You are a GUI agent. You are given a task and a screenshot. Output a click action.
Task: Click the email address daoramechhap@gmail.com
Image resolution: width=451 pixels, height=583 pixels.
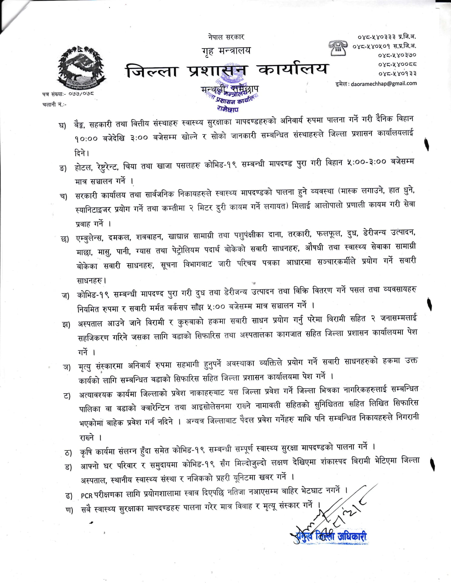click(x=384, y=84)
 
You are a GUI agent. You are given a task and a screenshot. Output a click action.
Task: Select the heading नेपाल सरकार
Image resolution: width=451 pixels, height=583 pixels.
click(x=226, y=37)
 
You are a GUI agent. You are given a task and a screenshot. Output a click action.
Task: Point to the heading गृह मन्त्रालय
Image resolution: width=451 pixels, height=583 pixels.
click(x=226, y=51)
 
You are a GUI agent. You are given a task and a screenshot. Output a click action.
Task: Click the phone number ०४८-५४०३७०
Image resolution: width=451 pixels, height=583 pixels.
click(x=397, y=55)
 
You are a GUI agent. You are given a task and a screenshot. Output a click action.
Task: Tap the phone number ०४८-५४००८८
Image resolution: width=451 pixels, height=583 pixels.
click(x=397, y=64)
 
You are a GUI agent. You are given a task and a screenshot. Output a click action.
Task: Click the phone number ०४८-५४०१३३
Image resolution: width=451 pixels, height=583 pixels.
click(x=397, y=73)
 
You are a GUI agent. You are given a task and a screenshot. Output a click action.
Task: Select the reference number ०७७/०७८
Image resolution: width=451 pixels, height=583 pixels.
click(x=81, y=94)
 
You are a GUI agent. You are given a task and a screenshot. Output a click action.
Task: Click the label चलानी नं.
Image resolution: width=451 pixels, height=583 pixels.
click(x=54, y=104)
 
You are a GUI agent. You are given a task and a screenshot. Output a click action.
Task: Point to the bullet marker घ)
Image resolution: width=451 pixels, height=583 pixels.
click(x=62, y=125)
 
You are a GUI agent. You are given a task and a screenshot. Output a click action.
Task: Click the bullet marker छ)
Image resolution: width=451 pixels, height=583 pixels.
click(x=65, y=239)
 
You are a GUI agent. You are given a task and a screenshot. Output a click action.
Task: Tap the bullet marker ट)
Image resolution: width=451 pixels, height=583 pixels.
click(x=67, y=396)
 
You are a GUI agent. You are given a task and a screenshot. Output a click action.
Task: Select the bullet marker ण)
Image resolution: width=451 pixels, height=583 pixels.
click(x=69, y=510)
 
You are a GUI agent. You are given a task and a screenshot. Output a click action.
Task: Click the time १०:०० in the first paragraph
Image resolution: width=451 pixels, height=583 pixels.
click(x=86, y=138)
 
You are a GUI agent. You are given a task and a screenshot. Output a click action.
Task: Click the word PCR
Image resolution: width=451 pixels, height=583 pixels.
click(x=86, y=496)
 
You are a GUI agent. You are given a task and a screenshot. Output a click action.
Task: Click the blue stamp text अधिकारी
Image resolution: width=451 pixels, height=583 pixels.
click(x=352, y=536)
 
